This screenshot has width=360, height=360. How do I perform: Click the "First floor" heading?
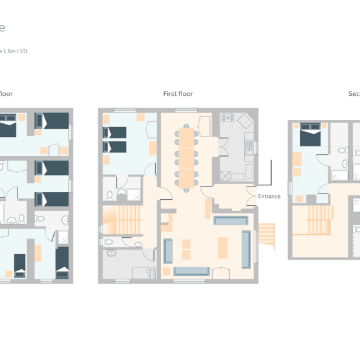click(178, 94)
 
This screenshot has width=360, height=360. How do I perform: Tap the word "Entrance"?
click(269, 197)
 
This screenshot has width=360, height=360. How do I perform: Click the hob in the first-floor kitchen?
click(227, 118)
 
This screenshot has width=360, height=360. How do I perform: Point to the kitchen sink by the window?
click(249, 147)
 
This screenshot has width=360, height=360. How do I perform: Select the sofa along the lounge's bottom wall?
click(192, 270)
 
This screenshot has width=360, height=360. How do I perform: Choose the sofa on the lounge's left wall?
click(168, 250)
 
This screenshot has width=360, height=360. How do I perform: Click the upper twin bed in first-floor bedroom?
click(115, 133)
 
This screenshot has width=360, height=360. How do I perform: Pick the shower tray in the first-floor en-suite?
click(134, 195)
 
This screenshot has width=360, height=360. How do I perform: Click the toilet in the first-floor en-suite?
click(110, 195)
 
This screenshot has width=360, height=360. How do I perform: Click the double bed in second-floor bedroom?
click(312, 136)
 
